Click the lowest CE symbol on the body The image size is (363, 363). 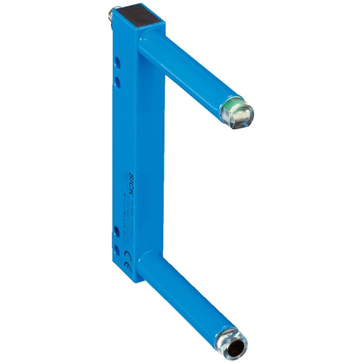128,262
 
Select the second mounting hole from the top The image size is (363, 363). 118,81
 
